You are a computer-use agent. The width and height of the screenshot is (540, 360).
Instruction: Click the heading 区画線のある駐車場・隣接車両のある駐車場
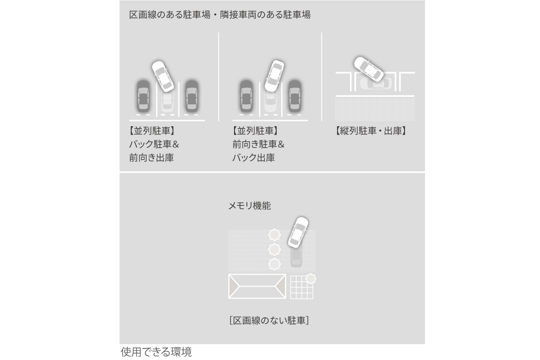[219, 15]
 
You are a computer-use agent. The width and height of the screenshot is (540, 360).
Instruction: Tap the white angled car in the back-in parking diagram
[163, 75]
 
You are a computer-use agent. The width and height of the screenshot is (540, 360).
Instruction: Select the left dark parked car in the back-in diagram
[143, 96]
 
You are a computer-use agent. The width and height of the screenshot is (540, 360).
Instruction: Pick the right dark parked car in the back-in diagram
[191, 96]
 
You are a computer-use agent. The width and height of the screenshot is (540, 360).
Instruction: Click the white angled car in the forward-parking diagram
[274, 76]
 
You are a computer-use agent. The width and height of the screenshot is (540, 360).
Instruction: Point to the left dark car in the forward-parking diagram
[246, 96]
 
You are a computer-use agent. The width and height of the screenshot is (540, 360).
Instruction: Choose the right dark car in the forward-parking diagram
[294, 96]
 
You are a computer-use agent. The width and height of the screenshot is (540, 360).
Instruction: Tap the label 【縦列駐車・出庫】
[370, 131]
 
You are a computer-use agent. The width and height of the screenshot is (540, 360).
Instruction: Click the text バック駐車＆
[154, 144]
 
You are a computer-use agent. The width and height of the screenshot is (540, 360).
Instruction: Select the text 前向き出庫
[151, 158]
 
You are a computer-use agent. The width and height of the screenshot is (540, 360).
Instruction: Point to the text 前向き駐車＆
[258, 144]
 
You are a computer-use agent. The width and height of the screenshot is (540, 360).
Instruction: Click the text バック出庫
[253, 158]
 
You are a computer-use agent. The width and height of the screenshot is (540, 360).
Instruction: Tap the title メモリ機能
[249, 206]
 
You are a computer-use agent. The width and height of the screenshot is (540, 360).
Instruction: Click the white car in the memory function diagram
[298, 232]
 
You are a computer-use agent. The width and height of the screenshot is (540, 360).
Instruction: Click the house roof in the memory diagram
[257, 286]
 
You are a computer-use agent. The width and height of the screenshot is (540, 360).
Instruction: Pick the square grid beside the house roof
[302, 288]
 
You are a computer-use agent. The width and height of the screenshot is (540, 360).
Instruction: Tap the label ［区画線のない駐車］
[269, 320]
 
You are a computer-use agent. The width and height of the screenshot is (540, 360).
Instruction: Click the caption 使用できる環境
[156, 352]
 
